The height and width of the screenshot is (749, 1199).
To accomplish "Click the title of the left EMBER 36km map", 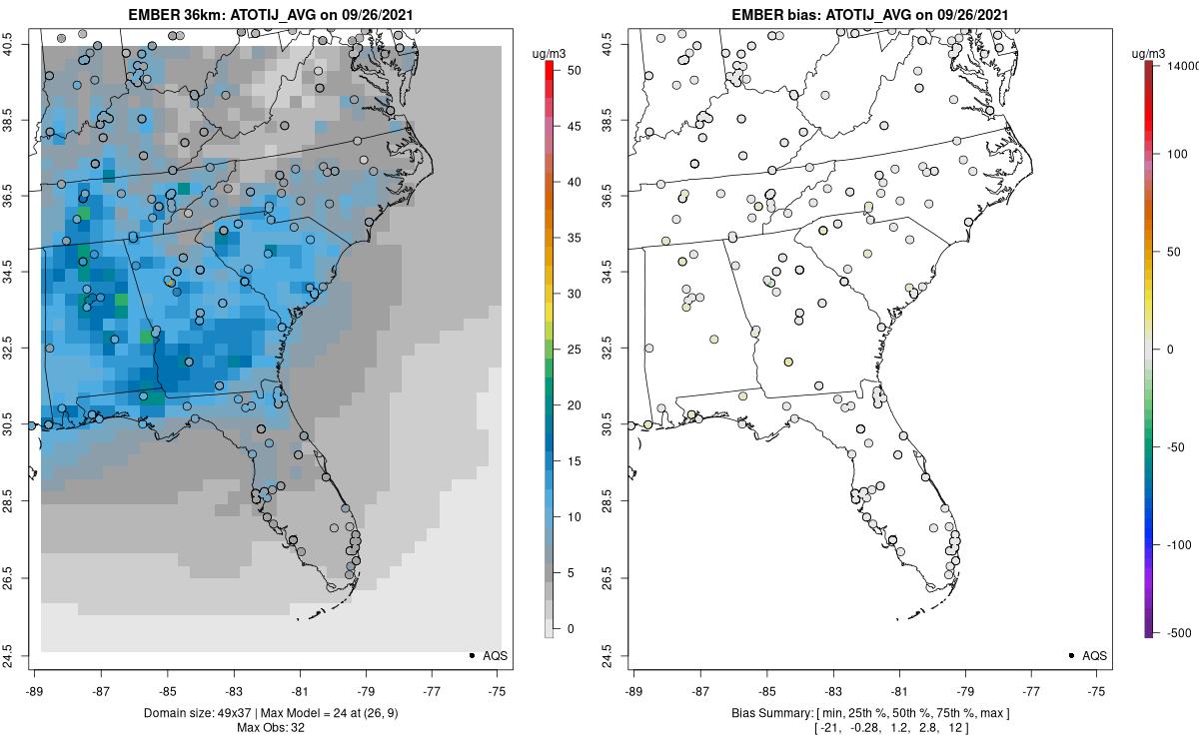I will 269,14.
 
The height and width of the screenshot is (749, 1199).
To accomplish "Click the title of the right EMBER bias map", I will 868,14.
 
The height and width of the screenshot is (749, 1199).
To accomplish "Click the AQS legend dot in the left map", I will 471,655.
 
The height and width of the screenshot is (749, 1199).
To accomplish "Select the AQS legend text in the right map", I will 1095,655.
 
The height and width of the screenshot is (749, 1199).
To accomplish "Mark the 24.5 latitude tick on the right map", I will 620,655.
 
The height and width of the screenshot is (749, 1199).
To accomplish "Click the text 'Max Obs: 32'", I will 269,727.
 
